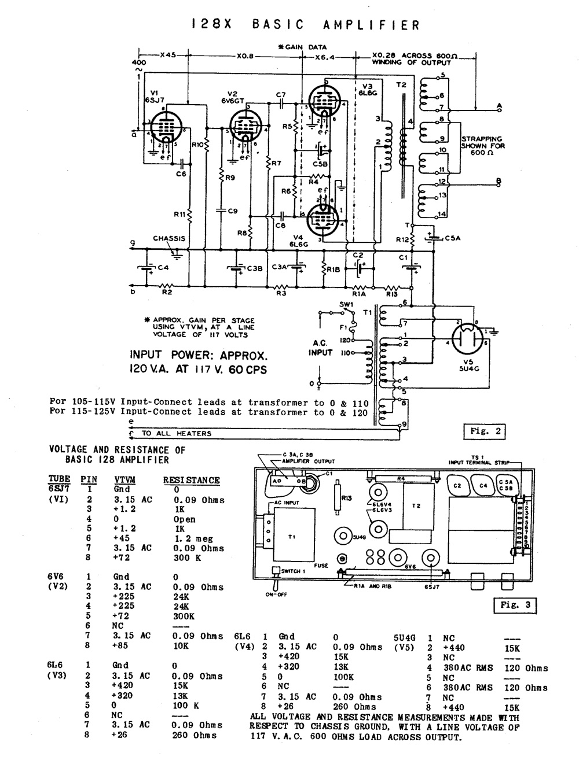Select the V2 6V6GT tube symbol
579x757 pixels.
coord(246,127)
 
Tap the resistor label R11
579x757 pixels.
coord(179,215)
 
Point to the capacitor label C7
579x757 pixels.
coord(281,94)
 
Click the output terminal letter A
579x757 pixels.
coord(499,107)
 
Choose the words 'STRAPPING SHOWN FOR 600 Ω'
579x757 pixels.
coord(483,146)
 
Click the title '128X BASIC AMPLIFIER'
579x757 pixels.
coord(305,24)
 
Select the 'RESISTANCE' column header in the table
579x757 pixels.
coord(191,480)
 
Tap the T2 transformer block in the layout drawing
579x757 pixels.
coord(415,505)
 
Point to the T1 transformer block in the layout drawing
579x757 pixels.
coord(292,536)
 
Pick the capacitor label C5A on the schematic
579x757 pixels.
coord(453,238)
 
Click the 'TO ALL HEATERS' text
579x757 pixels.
coord(176,433)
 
